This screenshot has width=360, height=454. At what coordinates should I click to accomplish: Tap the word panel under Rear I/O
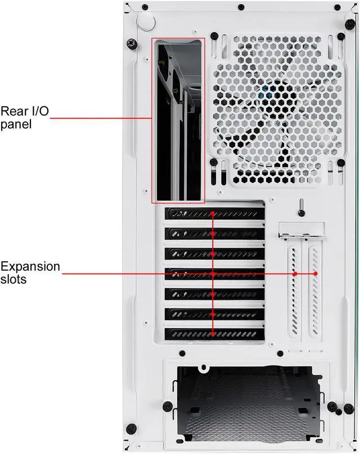pyautogui.click(x=16, y=124)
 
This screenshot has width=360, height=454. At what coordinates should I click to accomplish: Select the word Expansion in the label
pyautogui.click(x=30, y=266)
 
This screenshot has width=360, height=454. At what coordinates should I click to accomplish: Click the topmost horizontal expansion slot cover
pyautogui.click(x=214, y=214)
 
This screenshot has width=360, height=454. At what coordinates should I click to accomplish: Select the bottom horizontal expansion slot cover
pyautogui.click(x=214, y=333)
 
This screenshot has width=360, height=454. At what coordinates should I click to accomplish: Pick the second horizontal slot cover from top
pyautogui.click(x=214, y=234)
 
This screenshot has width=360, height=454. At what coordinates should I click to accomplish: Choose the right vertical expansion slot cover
pyautogui.click(x=315, y=292)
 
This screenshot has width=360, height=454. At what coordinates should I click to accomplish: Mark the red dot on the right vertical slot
pyautogui.click(x=316, y=274)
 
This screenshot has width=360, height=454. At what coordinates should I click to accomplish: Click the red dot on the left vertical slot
pyautogui.click(x=295, y=274)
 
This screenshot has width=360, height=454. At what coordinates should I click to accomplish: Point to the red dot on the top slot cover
pyautogui.click(x=213, y=214)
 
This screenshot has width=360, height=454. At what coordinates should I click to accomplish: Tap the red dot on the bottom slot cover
pyautogui.click(x=213, y=333)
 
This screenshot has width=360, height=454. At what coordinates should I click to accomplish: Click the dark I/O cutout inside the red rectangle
pyautogui.click(x=178, y=121)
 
